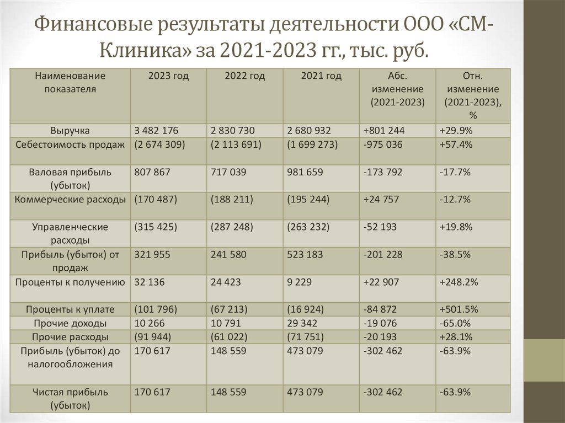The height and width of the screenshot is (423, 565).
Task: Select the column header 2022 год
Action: click(244, 76)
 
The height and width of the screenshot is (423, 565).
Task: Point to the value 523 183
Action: click(305, 254)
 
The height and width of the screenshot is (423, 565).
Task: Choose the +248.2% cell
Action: click(459, 282)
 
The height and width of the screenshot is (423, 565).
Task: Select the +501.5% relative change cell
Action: click(459, 309)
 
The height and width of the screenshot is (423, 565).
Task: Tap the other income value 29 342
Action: click(302, 323)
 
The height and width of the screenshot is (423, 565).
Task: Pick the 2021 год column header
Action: click(321, 76)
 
